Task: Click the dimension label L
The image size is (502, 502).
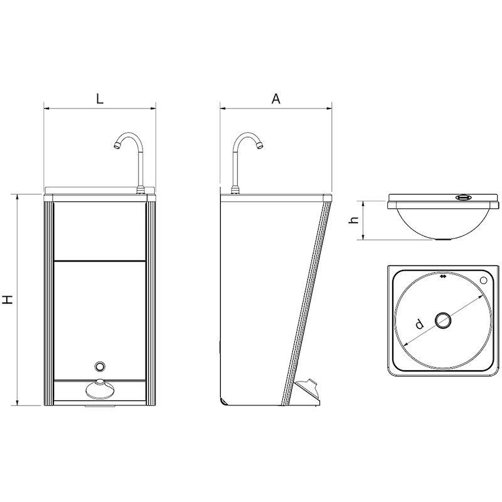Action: (100, 99)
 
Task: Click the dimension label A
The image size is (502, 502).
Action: (275, 99)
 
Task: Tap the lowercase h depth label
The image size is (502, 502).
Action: (354, 220)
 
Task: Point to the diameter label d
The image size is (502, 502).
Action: (419, 324)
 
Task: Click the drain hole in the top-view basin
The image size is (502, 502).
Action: (444, 320)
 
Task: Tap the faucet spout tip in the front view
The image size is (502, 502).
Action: (115, 146)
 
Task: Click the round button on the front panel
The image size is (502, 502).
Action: (99, 366)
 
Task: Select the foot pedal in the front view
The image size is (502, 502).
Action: (99, 390)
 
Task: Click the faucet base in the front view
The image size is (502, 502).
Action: (141, 189)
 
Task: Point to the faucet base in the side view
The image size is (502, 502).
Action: (235, 189)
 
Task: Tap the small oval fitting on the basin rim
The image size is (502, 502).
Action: (464, 197)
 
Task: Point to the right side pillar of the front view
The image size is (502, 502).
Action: (151, 301)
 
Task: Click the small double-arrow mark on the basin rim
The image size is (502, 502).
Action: (444, 274)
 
